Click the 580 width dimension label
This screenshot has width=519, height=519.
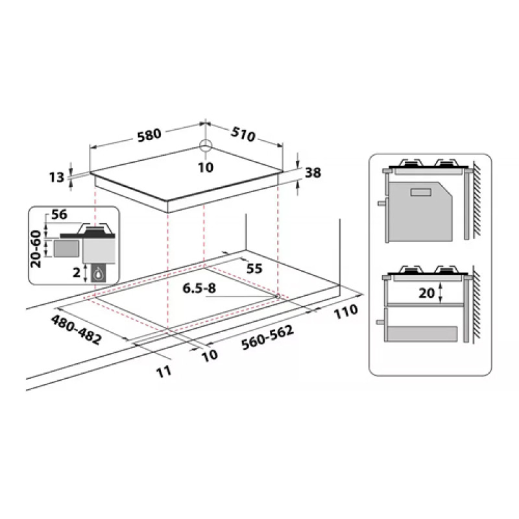[x=149, y=135]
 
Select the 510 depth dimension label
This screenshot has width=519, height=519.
[x=243, y=134]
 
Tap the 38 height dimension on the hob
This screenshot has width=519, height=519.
[x=313, y=173]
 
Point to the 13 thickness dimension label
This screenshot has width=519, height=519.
[x=56, y=177]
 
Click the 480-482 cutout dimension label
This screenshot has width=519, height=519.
[x=76, y=330]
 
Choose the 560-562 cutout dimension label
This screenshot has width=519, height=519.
[x=267, y=337]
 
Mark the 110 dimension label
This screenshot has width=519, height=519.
[x=346, y=311]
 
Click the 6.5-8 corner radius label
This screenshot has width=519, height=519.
[x=199, y=288]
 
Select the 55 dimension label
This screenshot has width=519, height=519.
[x=254, y=269]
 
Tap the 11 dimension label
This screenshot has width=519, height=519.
[x=164, y=371]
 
